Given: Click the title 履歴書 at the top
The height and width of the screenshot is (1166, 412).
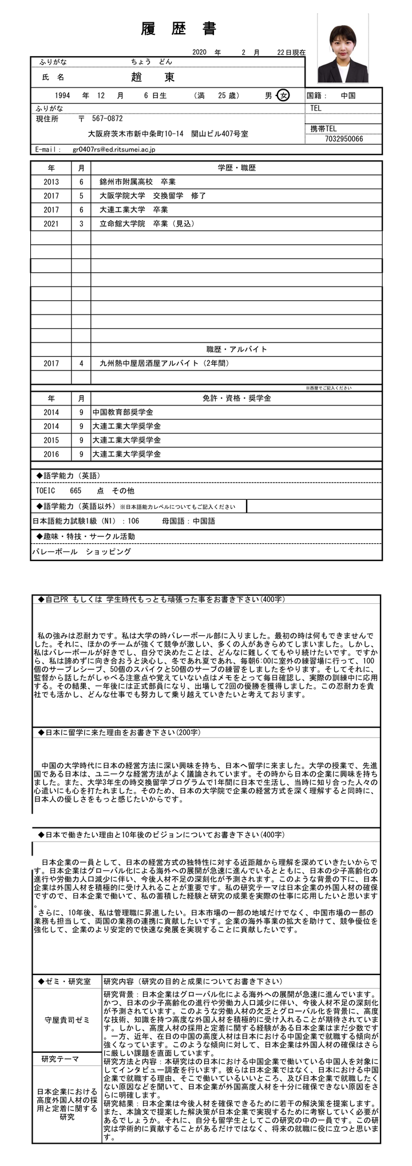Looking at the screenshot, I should click(x=178, y=30).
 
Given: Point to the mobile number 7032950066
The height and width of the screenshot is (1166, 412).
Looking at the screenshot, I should click(x=343, y=139).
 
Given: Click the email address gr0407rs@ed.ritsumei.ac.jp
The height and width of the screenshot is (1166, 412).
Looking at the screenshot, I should click(x=114, y=149).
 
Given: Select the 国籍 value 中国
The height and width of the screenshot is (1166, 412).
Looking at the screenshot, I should click(x=348, y=95).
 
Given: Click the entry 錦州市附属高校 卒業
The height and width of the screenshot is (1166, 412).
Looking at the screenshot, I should click(x=137, y=182).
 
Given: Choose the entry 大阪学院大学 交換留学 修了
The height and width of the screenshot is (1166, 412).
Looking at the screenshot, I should click(x=152, y=196).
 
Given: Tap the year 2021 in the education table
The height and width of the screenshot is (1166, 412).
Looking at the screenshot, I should click(x=51, y=224).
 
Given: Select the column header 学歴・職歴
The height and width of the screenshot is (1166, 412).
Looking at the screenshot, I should click(x=236, y=168).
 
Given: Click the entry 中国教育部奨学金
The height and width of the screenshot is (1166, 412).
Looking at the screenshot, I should click(x=122, y=412).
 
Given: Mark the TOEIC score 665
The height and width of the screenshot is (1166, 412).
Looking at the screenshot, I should click(x=76, y=491).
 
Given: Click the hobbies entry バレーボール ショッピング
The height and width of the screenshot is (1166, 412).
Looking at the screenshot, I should click(x=82, y=552).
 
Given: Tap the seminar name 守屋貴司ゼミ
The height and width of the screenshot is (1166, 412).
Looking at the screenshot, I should click(x=67, y=1020).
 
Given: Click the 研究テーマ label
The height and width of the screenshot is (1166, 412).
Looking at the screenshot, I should click(x=60, y=1059).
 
